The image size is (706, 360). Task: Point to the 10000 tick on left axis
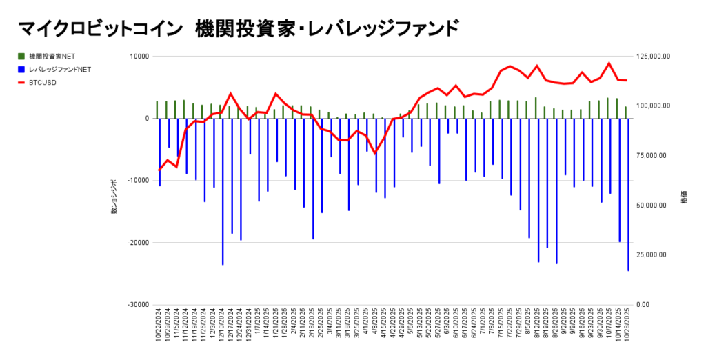coord(140,57)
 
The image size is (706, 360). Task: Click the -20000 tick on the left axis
coord(138,243)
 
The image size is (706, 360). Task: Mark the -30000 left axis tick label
coord(138,305)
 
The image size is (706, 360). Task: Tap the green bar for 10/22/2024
coord(157,110)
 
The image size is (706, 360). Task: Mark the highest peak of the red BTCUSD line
coord(609,63)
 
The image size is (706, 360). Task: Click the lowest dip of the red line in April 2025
coord(376,153)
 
